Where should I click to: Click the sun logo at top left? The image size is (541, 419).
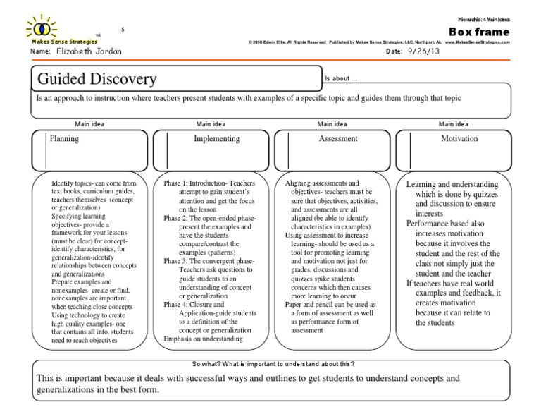pos(42,29)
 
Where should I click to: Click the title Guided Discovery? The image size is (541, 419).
pos(97,78)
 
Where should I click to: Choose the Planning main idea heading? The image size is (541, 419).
pos(64,139)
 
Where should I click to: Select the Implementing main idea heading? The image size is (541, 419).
pos(216,139)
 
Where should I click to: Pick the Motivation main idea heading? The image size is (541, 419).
pos(459,139)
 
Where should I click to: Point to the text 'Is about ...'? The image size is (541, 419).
pos(341,78)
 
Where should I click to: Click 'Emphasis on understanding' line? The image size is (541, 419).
pos(202,339)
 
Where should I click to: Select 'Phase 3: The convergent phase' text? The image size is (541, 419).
pos(210,260)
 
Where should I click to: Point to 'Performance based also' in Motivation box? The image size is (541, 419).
pos(446,222)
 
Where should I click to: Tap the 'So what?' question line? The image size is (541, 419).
pos(273,363)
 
